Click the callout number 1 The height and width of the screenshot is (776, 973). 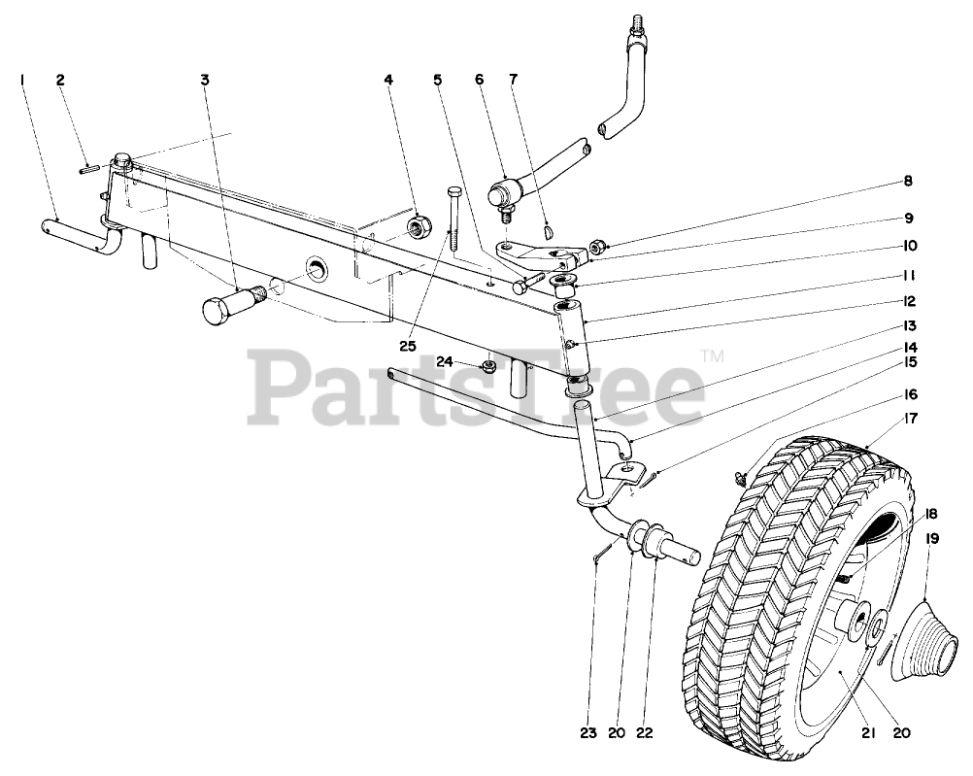pos(21,80)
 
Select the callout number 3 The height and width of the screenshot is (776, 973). pos(205,80)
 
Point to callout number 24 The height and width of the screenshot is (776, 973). pos(445,361)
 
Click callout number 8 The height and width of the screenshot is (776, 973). pos(908,181)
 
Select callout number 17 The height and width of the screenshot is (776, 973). pos(908,421)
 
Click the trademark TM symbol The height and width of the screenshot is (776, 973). pos(714,355)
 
